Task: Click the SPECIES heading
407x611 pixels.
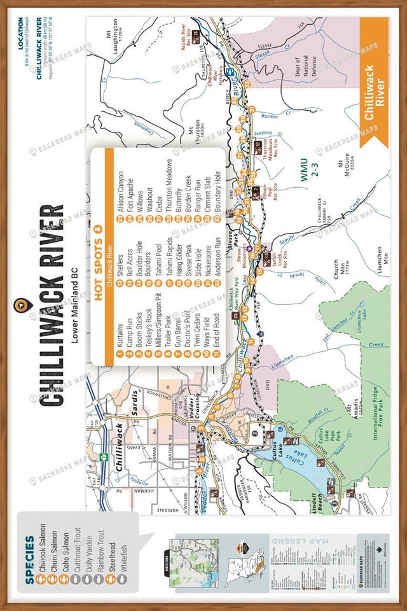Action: click(x=30, y=551)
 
